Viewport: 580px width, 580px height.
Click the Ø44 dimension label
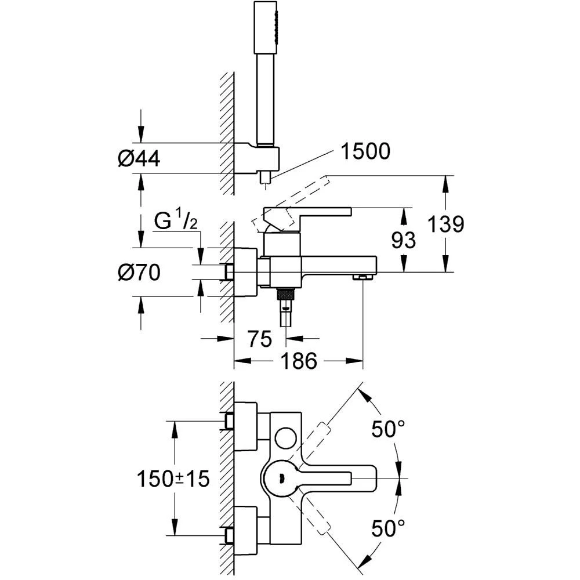coord(139,157)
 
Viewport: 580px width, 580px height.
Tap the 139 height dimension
coord(445,224)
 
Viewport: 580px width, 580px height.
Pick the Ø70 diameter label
coord(139,272)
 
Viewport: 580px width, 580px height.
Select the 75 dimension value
coord(259,339)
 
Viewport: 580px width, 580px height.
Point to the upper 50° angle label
coord(388,430)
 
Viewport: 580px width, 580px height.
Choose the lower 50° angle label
coord(388,528)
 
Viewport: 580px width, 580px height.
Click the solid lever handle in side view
coord(307,212)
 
